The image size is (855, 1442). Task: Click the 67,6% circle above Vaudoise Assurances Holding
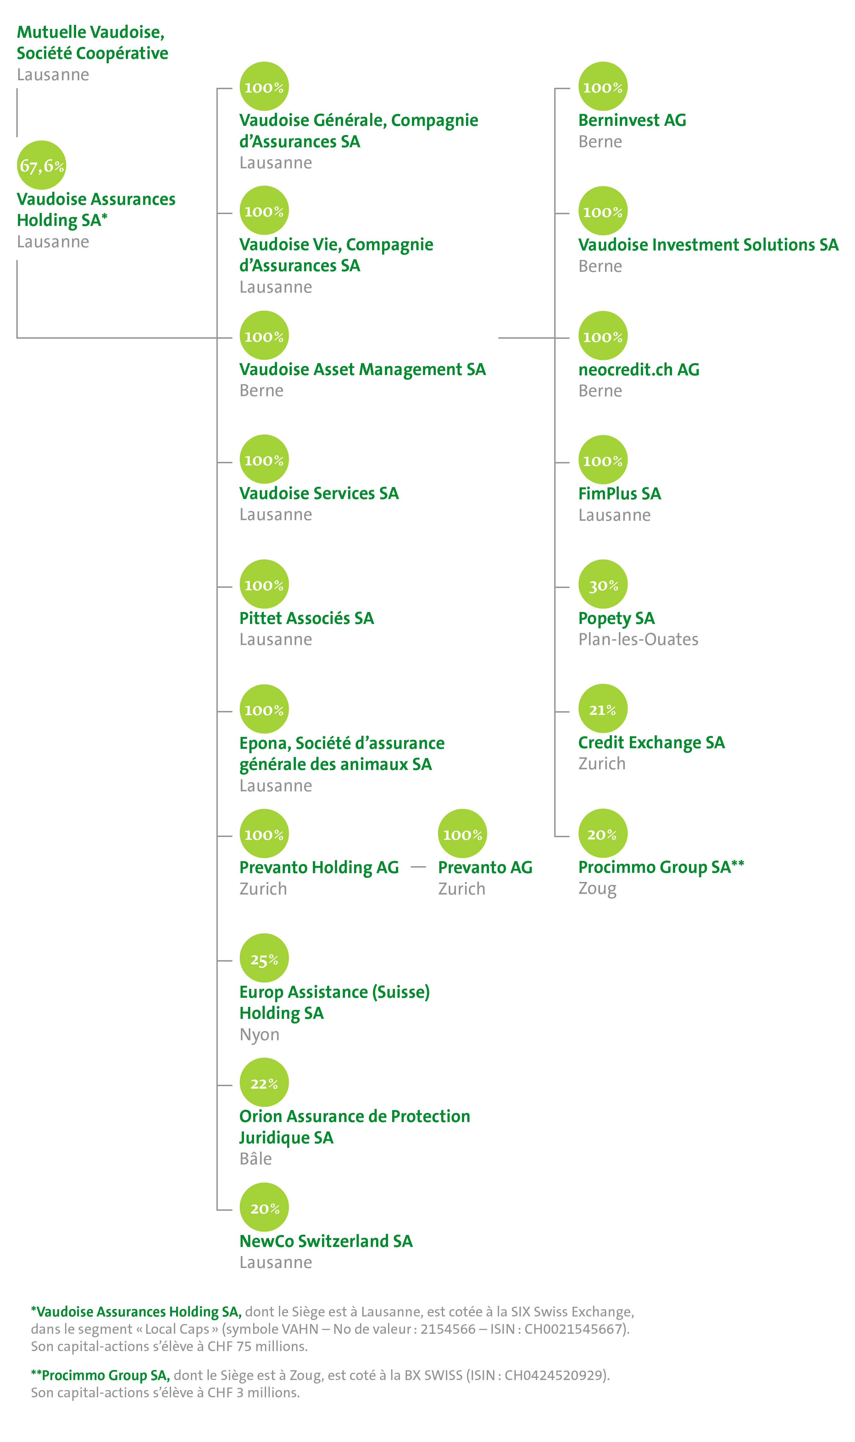tap(42, 166)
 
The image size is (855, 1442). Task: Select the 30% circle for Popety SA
tap(602, 584)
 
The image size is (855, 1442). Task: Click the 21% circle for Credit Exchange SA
tap(602, 709)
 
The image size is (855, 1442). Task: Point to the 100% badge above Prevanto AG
tap(462, 834)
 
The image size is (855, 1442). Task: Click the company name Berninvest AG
tap(632, 121)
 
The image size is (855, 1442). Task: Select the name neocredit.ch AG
tap(638, 369)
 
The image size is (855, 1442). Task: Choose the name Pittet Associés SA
tap(307, 618)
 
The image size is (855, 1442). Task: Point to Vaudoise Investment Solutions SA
tap(708, 245)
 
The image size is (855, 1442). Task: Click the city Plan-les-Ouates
tap(638, 639)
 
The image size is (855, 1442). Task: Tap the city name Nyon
tap(259, 1035)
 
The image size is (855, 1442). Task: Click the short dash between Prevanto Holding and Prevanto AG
tap(418, 867)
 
